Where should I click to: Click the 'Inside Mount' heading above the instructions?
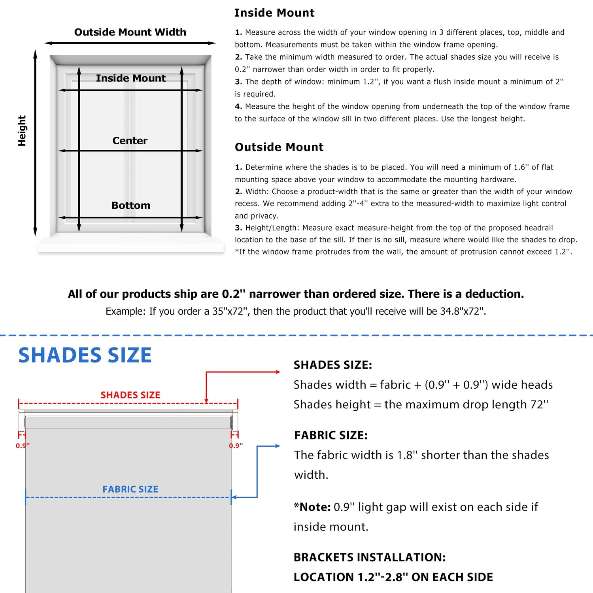point(274,13)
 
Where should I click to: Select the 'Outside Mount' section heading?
point(279,147)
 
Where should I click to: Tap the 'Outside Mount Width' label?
point(130,32)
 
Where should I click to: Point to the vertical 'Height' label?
point(22,131)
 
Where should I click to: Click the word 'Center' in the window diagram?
point(130,141)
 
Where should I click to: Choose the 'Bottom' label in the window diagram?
point(131,206)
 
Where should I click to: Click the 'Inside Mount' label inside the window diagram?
point(131,78)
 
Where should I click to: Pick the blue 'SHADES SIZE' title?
point(85,355)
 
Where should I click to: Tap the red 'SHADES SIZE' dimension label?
point(130,395)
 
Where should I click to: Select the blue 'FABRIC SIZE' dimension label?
point(130,489)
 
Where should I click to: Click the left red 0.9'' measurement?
point(23,446)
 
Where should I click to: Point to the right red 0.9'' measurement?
point(236,446)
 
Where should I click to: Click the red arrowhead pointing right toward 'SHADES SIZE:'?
point(278,372)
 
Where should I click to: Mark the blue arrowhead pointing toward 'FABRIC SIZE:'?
point(278,446)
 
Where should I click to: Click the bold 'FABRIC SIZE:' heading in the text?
point(331,435)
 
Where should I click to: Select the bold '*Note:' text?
point(312,507)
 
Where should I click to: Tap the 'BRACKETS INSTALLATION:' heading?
point(370,557)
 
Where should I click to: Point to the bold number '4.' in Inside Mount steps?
point(238,106)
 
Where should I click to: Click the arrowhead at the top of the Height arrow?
point(35,53)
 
